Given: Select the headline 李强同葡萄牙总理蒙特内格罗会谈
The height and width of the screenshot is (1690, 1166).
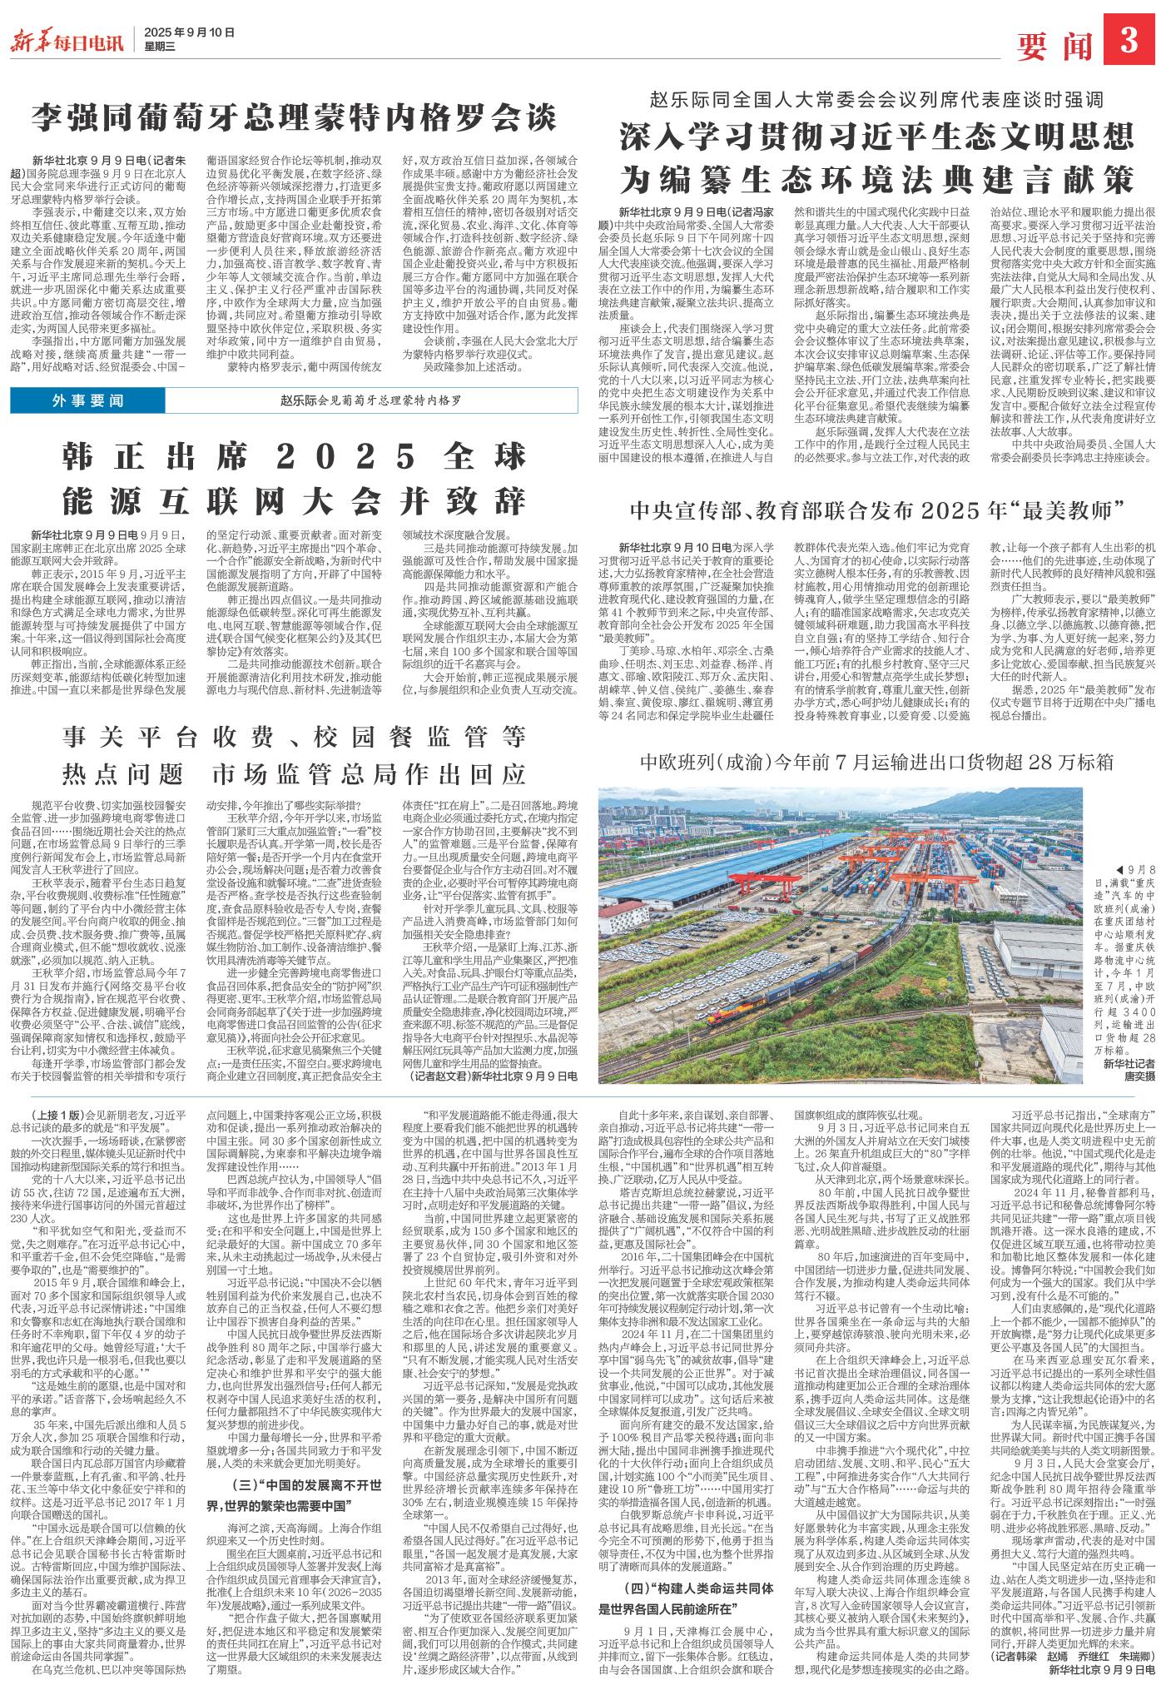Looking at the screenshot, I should pos(294,117).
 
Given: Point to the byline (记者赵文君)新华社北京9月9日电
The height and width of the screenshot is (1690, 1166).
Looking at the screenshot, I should pos(494,1076).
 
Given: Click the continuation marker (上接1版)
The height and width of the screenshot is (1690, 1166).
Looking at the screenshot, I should pos(57,1115).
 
